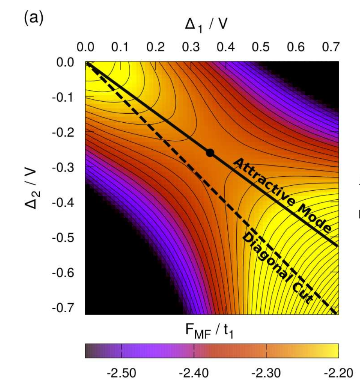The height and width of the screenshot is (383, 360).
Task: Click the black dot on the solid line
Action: [x=210, y=153]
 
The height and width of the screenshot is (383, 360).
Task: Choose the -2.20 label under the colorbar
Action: [x=338, y=373]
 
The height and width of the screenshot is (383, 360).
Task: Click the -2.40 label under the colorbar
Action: [x=194, y=373]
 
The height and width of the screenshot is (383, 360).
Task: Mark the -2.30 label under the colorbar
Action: [x=266, y=373]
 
